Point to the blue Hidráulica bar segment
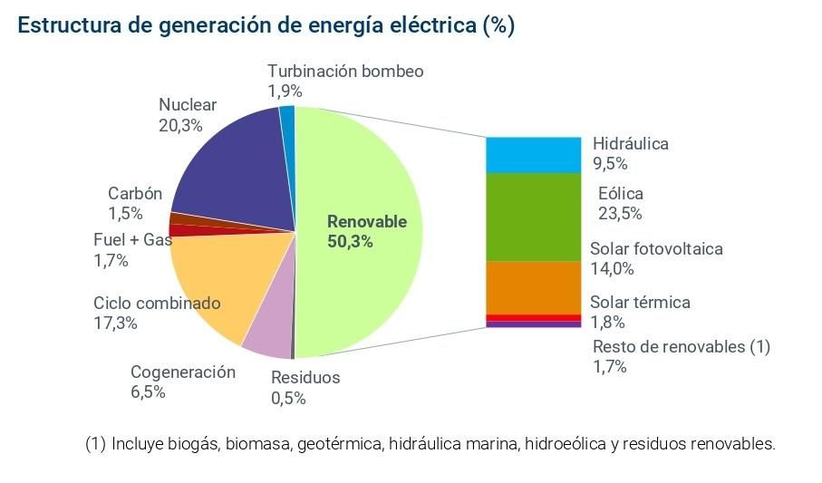pos(532,155)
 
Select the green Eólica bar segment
pos(532,217)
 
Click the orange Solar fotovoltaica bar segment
pos(532,286)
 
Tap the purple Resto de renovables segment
pos(532,324)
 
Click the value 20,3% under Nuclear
pos(180,126)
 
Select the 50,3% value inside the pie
pos(350,242)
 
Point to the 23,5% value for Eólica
pos(620,214)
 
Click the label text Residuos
pos(305,377)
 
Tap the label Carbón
pos(135,193)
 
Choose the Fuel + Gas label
pos(132,240)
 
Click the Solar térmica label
pos(640,303)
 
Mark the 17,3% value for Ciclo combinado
pos(115,324)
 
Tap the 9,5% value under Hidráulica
pos(610,164)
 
